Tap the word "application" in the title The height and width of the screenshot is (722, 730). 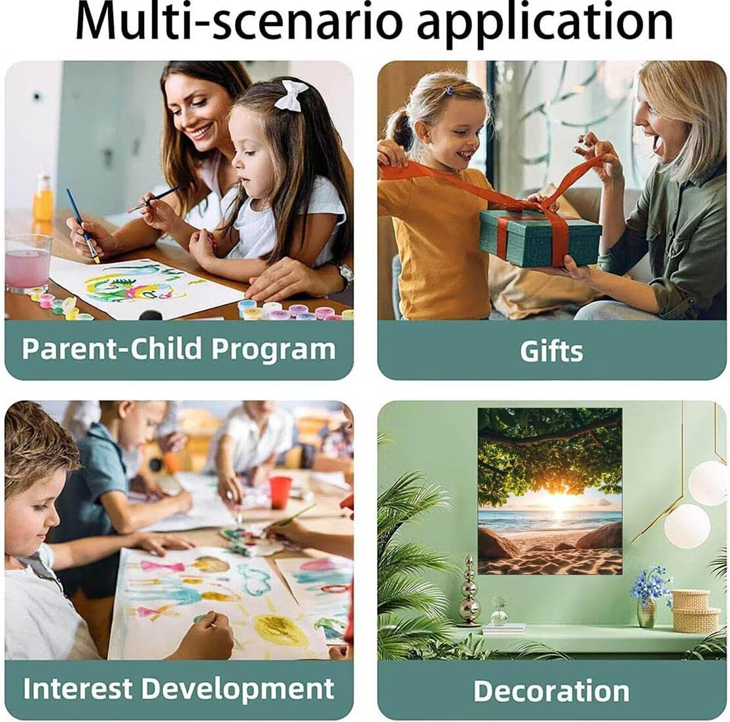coord(545,25)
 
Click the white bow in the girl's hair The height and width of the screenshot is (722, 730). coord(291,95)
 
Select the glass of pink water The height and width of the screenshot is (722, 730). coord(28,263)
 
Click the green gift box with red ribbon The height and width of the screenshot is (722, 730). coord(540,237)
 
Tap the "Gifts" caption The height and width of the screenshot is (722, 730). coord(551,351)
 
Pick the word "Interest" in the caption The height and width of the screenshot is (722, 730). coord(78,688)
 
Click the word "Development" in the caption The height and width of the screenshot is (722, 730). coord(238,689)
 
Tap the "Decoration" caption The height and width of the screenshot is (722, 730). coord(551,691)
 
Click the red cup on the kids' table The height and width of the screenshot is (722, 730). coord(280,492)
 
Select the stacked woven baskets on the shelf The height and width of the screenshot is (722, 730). coord(695,610)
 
